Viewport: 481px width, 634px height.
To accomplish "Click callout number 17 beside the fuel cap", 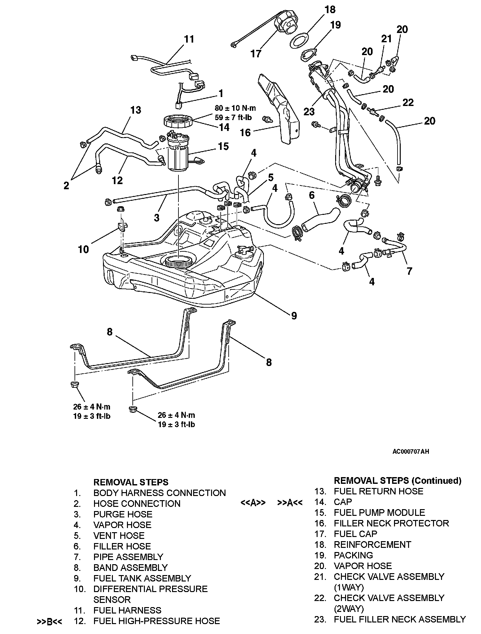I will point(256,53).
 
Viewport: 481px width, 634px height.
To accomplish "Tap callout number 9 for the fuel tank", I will point(294,316).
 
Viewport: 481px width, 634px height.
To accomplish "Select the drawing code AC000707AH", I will point(411,451).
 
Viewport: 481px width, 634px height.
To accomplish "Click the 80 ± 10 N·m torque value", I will point(235,108).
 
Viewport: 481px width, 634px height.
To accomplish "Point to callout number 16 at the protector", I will point(245,132).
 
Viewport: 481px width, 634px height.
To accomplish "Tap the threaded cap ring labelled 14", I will point(178,122).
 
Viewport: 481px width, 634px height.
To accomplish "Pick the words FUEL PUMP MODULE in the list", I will point(379,512).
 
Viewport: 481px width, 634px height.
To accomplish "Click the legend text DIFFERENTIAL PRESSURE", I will point(150,589).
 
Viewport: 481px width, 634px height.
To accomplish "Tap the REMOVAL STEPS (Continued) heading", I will point(398,480).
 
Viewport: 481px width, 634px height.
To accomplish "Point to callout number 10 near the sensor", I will point(83,249).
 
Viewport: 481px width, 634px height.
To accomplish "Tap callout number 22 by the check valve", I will point(408,102).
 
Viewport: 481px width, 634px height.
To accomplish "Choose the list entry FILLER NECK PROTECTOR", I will point(391,523).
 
